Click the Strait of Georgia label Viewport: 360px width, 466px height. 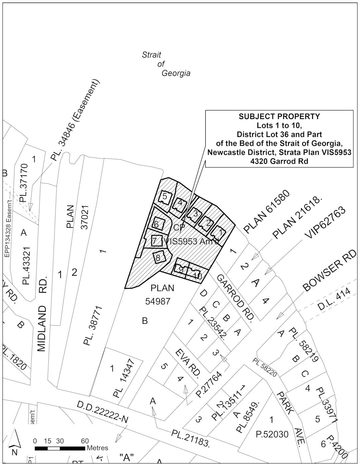point(166,64)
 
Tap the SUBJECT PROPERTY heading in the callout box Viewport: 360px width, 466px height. point(279,117)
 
